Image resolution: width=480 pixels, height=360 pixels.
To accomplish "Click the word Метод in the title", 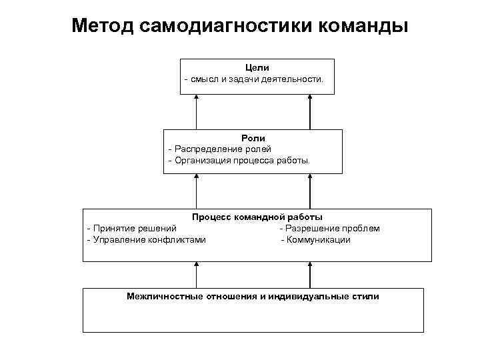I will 104,26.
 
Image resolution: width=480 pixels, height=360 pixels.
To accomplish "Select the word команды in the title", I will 364,26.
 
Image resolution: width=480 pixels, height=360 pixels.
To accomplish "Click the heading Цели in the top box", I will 257,68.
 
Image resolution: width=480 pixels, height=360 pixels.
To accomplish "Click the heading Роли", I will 253,138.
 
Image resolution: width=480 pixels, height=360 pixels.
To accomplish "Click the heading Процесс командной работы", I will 257,217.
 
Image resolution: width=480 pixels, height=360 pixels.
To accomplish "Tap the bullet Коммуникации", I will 317,240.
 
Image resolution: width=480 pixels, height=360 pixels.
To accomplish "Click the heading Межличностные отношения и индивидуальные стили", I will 253,296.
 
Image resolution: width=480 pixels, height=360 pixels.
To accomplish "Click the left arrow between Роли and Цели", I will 196,111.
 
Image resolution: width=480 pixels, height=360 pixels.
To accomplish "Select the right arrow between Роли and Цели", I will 310,111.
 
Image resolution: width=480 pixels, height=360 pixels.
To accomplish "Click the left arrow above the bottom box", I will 196,274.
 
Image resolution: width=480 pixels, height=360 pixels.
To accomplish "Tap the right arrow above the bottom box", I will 310,274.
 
